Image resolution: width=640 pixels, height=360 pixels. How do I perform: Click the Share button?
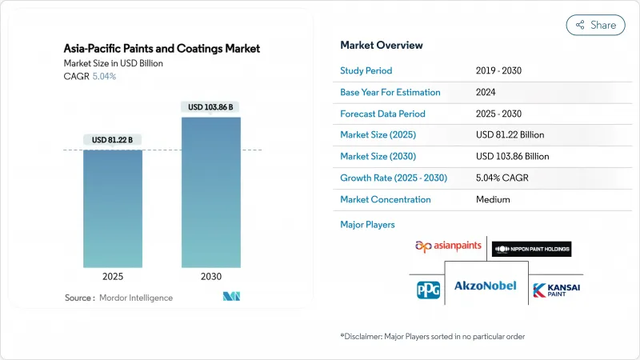pyautogui.click(x=595, y=25)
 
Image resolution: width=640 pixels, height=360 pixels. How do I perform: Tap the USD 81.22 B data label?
pyautogui.click(x=113, y=140)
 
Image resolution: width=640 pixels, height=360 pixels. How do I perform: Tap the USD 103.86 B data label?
pyautogui.click(x=210, y=107)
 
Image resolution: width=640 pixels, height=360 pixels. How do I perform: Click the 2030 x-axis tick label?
pyautogui.click(x=210, y=277)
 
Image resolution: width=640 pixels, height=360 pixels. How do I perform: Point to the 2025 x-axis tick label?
pyautogui.click(x=113, y=277)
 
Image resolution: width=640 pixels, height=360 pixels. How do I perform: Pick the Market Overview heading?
pyautogui.click(x=382, y=46)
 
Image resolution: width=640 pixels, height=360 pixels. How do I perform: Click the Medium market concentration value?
pyautogui.click(x=492, y=199)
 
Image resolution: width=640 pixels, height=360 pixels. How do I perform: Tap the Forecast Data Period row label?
pyautogui.click(x=382, y=114)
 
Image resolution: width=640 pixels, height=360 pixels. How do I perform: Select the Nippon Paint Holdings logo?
pyautogui.click(x=531, y=248)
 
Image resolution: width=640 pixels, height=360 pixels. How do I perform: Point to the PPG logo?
pyautogui.click(x=428, y=290)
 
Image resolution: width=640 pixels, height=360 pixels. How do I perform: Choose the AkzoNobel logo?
pyautogui.click(x=486, y=286)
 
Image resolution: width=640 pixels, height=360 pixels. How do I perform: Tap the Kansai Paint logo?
pyautogui.click(x=557, y=290)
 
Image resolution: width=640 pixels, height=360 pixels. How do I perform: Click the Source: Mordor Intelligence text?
pyautogui.click(x=118, y=298)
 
